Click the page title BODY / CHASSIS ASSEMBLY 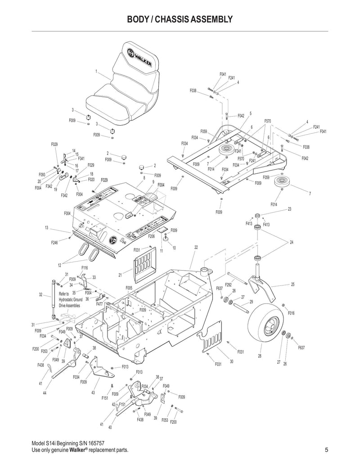[x=180, y=19]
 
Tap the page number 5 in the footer [x=326, y=450]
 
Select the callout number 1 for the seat [x=96, y=72]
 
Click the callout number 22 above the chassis [x=196, y=247]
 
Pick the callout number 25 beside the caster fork [x=293, y=285]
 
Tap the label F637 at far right [x=301, y=348]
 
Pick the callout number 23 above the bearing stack [x=289, y=208]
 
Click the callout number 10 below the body [x=174, y=248]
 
